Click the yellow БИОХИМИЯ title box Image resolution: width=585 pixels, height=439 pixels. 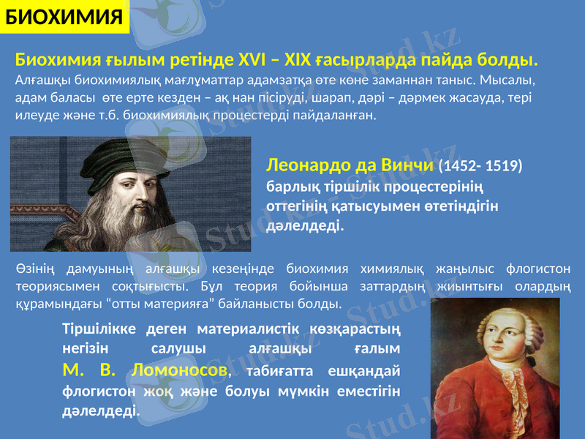pos(64,17)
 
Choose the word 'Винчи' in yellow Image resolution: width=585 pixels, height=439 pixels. pos(410,166)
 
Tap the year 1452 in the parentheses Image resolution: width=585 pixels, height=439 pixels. pos(463,167)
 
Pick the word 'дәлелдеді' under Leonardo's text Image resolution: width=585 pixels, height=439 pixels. pos(302,226)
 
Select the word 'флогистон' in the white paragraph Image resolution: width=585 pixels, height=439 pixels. pos(542,269)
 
